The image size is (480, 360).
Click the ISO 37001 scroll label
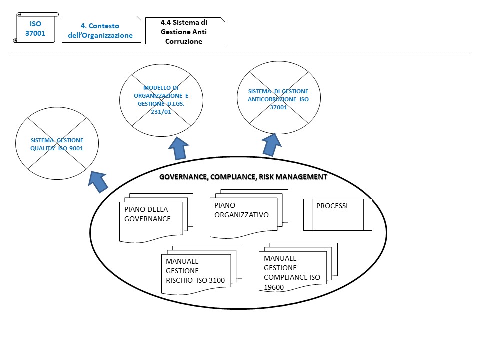point(35,29)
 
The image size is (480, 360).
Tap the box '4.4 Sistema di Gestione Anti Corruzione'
point(185,31)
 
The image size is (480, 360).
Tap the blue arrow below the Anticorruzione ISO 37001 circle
point(271,144)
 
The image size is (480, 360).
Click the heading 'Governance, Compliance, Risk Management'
point(243,177)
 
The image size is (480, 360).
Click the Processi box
point(338,214)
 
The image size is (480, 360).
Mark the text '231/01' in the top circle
point(162,112)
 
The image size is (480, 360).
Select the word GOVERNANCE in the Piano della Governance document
point(148,219)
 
